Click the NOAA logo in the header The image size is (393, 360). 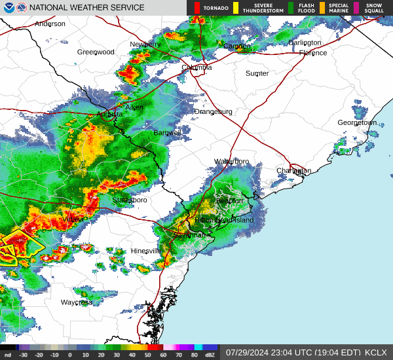pyautogui.click(x=7, y=8)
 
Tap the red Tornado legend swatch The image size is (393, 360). pyautogui.click(x=197, y=8)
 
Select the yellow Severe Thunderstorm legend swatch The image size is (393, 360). pyautogui.click(x=236, y=8)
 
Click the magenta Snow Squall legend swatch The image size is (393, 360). pyautogui.click(x=357, y=8)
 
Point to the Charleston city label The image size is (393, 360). pyautogui.click(x=293, y=171)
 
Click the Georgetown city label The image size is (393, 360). pyautogui.click(x=357, y=123)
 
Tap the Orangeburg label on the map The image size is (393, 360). pyautogui.click(x=213, y=112)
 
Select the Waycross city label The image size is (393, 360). pyautogui.click(x=77, y=302)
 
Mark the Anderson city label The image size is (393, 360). pyautogui.click(x=50, y=24)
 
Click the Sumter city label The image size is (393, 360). pyautogui.click(x=257, y=74)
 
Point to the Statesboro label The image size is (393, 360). pyautogui.click(x=129, y=200)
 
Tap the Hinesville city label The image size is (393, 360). pyautogui.click(x=145, y=251)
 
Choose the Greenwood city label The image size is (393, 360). pyautogui.click(x=96, y=52)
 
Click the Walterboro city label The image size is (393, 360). pyautogui.click(x=232, y=162)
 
